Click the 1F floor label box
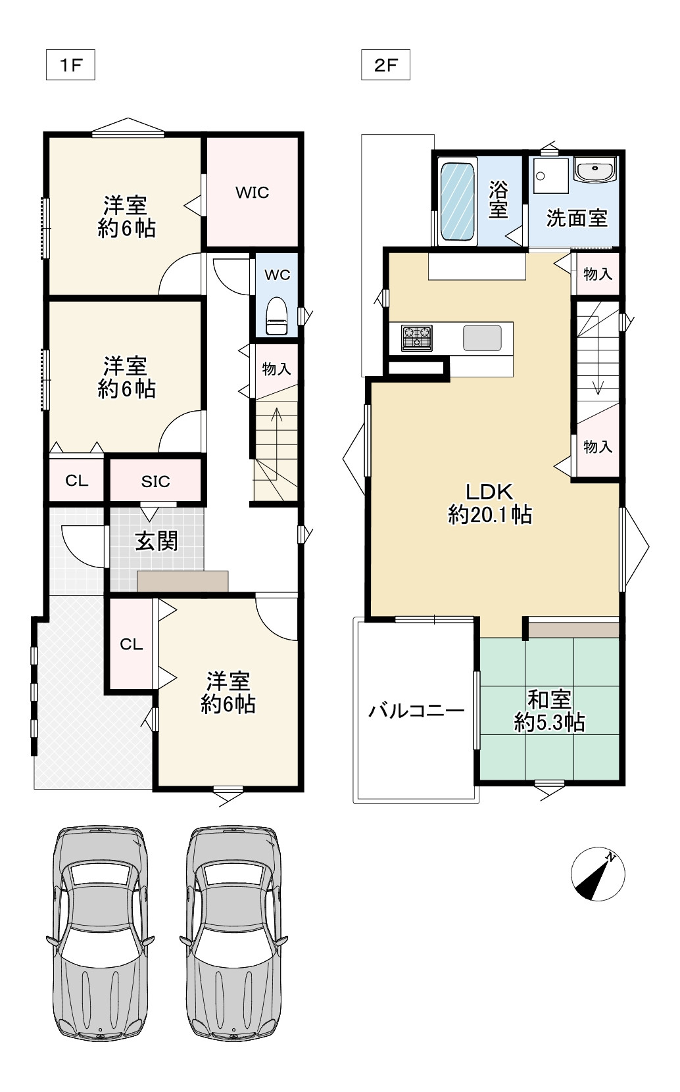[x=70, y=66]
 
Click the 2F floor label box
[x=385, y=66]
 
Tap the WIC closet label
[x=253, y=193]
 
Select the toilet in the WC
[x=276, y=318]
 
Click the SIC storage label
[x=155, y=482]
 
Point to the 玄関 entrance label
[x=157, y=541]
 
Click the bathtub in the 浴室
[x=457, y=202]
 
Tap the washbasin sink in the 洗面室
[x=595, y=170]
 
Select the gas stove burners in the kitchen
[x=417, y=338]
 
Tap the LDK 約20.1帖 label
[x=489, y=503]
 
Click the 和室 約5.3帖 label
[x=549, y=711]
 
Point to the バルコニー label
[x=416, y=711]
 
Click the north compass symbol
[x=598, y=874]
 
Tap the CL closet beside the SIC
[x=76, y=481]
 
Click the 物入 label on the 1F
[x=276, y=369]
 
